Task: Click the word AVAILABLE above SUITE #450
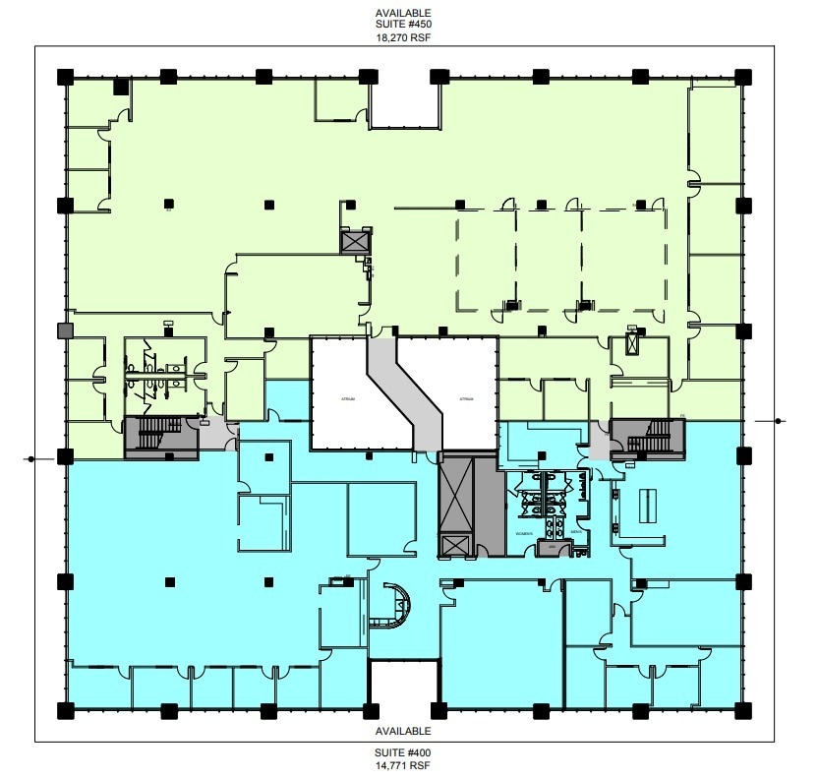403,11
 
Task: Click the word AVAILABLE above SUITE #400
403,732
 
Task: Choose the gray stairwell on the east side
646,436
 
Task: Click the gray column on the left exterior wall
66,331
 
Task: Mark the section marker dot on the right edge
778,421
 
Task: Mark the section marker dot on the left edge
32,458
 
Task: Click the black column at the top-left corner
66,76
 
